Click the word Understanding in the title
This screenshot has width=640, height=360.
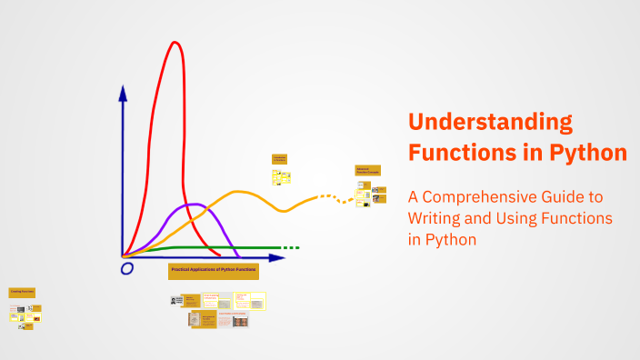490,123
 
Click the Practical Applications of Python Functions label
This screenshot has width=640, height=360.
215,271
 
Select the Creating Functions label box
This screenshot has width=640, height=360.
22,293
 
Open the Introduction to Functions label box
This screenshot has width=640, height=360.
280,158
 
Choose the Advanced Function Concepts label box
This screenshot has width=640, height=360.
367,170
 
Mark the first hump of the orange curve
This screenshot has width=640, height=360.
240,192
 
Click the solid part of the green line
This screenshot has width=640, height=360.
218,247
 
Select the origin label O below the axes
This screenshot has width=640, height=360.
127,269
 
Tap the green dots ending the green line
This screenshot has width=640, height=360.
290,247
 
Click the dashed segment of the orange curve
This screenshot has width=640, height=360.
332,197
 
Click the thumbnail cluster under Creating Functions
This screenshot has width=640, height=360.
25,314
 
